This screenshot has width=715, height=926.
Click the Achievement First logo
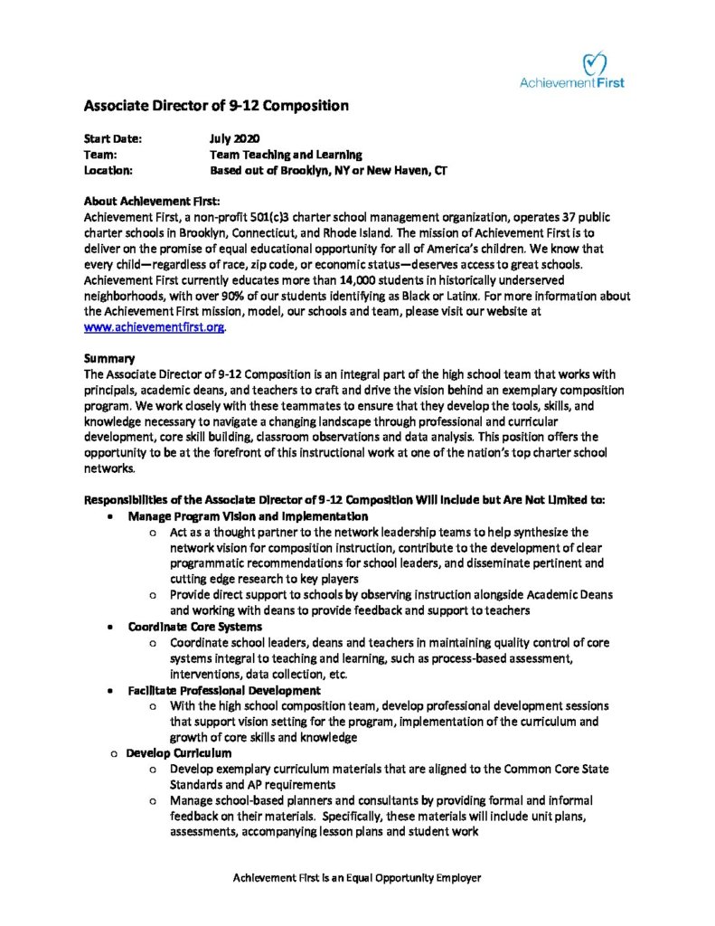pyautogui.click(x=571, y=70)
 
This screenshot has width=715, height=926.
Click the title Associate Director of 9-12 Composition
pyautogui.click(x=216, y=105)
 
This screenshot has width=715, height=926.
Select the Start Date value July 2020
pyautogui.click(x=234, y=139)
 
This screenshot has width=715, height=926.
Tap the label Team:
pyautogui.click(x=101, y=155)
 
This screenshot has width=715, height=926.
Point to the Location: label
pyautogui.click(x=108, y=170)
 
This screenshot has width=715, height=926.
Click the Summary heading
pyautogui.click(x=109, y=357)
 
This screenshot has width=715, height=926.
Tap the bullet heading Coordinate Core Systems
pyautogui.click(x=195, y=626)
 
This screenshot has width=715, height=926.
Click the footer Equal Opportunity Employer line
pyautogui.click(x=357, y=878)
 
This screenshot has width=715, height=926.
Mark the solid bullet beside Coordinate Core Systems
pyautogui.click(x=109, y=626)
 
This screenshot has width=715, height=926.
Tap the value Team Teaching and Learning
pyautogui.click(x=286, y=155)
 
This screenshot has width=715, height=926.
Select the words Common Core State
pyautogui.click(x=560, y=769)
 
